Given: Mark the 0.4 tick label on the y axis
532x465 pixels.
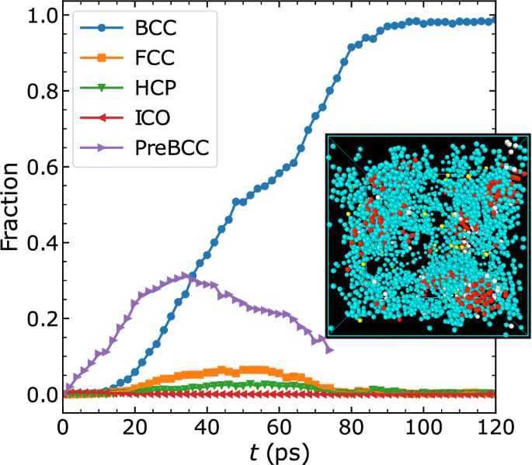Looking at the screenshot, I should [37, 244].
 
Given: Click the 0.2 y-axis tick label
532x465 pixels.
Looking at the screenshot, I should [37, 319].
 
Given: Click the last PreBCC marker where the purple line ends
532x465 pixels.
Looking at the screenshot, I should [329, 350].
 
